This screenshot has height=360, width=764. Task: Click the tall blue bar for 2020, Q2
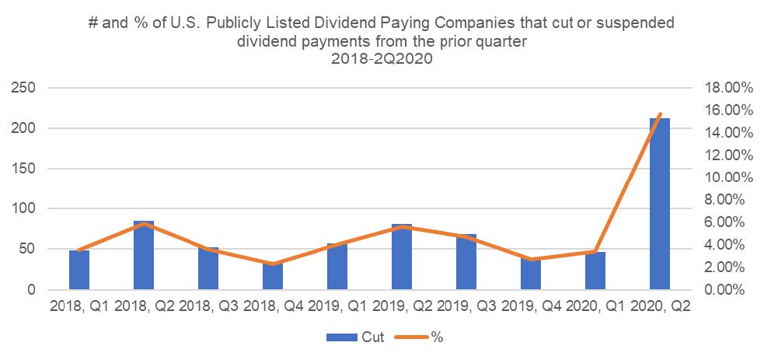pos(660,204)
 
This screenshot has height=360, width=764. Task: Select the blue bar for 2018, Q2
pos(144,255)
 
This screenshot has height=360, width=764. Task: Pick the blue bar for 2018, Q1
pos(79,270)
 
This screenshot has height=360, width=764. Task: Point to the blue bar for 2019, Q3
pos(466,261)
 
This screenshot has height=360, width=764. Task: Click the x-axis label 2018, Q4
pos(273,306)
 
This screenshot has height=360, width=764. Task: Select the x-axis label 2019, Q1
pos(337,306)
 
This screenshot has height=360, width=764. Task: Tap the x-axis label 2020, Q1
pos(595,306)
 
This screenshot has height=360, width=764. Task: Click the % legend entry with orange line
pos(424,337)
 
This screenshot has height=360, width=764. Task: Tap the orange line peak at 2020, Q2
pos(660,114)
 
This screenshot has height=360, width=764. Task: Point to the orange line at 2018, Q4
pos(273,264)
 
